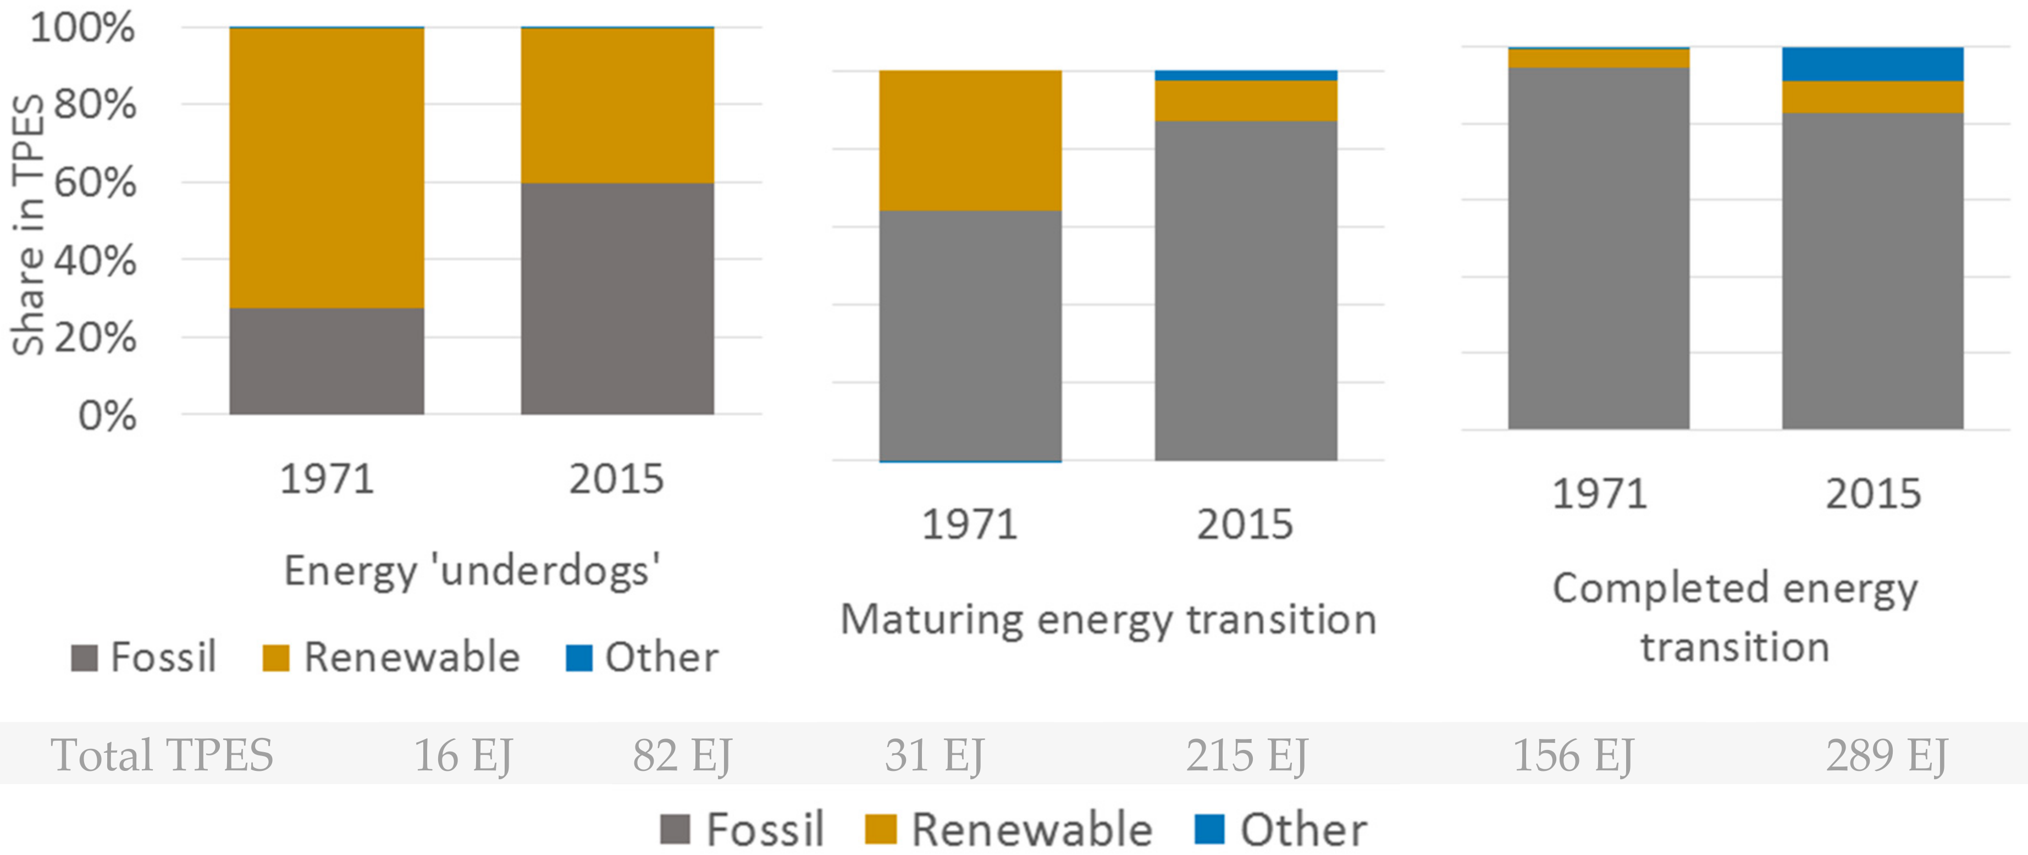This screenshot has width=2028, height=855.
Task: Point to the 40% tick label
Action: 95,261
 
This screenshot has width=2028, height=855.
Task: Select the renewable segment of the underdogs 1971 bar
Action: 327,167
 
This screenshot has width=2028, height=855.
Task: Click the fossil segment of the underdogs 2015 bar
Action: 617,299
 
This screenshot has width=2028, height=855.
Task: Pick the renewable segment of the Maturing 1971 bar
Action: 970,141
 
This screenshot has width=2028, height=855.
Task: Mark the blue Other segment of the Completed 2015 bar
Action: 1872,64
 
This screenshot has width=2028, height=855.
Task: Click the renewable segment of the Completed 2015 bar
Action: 1872,97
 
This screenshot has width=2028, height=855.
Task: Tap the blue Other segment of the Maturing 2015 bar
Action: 1246,75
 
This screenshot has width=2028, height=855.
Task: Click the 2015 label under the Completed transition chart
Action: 1873,494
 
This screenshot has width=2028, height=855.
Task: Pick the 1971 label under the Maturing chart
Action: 969,525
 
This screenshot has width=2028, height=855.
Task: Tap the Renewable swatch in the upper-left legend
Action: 275,658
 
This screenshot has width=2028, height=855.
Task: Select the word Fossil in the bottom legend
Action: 765,829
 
